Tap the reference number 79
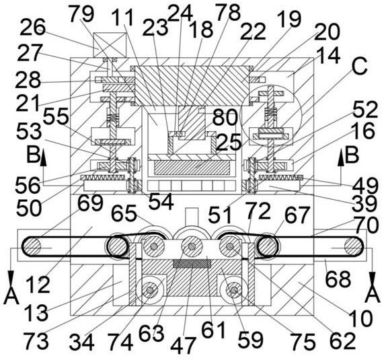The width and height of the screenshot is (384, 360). (x=81, y=14)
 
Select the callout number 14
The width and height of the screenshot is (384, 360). (x=328, y=56)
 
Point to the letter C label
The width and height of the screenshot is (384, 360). (x=359, y=66)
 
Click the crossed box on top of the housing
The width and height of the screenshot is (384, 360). (x=110, y=45)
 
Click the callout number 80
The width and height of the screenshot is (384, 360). (x=225, y=118)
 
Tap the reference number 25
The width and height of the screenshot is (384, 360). (x=229, y=143)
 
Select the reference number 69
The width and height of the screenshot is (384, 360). (x=90, y=203)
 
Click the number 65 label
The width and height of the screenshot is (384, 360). (x=124, y=214)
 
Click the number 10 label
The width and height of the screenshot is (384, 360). (x=360, y=318)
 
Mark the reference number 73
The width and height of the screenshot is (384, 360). (x=36, y=341)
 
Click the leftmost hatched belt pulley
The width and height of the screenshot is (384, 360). (x=32, y=246)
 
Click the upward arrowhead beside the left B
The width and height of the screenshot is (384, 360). (x=44, y=157)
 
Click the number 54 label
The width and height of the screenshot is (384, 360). (x=161, y=201)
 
